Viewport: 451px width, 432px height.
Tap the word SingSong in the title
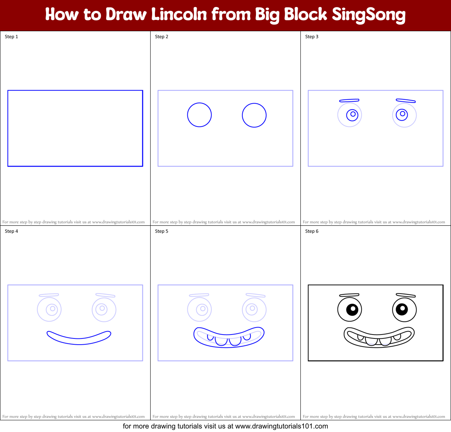pyautogui.click(x=369, y=15)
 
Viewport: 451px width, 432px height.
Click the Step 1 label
pyautogui.click(x=11, y=37)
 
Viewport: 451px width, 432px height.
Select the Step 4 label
pyautogui.click(x=11, y=231)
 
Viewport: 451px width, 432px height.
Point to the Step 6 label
pyautogui.click(x=312, y=231)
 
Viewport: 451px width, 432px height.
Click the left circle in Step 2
pyautogui.click(x=199, y=115)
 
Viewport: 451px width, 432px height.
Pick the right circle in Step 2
pyautogui.click(x=254, y=115)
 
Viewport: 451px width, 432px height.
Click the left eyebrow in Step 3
pyautogui.click(x=349, y=101)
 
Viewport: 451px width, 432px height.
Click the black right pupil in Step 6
pyautogui.click(x=402, y=310)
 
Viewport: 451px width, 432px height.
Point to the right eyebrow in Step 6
pyautogui.click(x=406, y=296)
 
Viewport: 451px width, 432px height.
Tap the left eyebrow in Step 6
pyautogui.click(x=349, y=295)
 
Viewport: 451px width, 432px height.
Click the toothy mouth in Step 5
pyautogui.click(x=229, y=337)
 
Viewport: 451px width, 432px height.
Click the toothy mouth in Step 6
pyautogui.click(x=379, y=338)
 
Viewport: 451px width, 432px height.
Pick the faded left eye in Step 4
pyautogui.click(x=50, y=310)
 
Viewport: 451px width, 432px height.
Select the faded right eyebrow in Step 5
pyautogui.click(x=256, y=295)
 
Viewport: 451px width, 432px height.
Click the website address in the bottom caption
pyautogui.click(x=281, y=426)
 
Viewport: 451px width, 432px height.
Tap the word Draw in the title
pyautogui.click(x=126, y=14)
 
